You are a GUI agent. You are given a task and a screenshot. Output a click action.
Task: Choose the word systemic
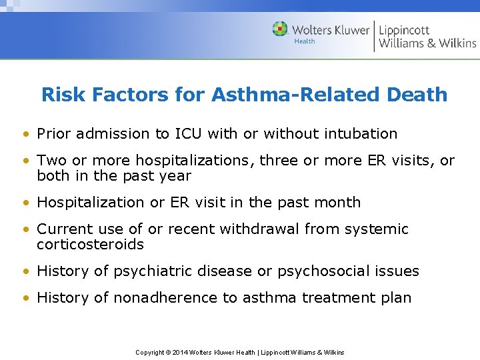tap(377, 229)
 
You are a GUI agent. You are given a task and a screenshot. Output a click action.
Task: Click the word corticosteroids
tap(90, 244)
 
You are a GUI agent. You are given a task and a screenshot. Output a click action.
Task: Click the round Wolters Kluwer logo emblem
tap(280, 29)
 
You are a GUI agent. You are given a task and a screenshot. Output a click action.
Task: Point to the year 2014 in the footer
tap(180, 352)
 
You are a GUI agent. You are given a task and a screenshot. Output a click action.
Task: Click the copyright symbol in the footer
tap(167, 352)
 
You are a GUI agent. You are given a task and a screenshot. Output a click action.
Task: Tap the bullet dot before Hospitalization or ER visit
tap(25, 203)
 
